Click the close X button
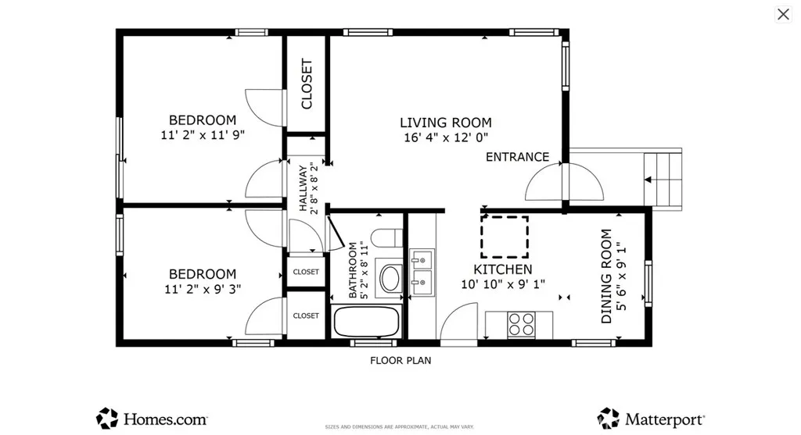pyautogui.click(x=783, y=14)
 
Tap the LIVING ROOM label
pyautogui.click(x=445, y=123)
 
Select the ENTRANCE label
pyautogui.click(x=517, y=157)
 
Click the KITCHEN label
pyautogui.click(x=503, y=269)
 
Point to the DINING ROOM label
pyautogui.click(x=606, y=276)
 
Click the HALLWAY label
pyautogui.click(x=304, y=187)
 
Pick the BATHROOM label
pyautogui.click(x=353, y=269)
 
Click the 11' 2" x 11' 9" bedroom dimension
pyautogui.click(x=203, y=135)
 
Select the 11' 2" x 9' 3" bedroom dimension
pyautogui.click(x=203, y=289)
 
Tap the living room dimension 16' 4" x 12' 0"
pyautogui.click(x=446, y=137)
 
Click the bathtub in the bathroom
pyautogui.click(x=366, y=321)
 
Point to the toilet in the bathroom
pyautogui.click(x=387, y=238)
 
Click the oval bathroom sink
pyautogui.click(x=390, y=278)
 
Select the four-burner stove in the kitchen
pyautogui.click(x=521, y=324)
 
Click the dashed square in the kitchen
pyautogui.click(x=505, y=237)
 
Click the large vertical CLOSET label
pyautogui.click(x=307, y=84)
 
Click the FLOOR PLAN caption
pyautogui.click(x=400, y=361)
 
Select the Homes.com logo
pyautogui.click(x=152, y=419)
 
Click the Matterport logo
pyautogui.click(x=651, y=419)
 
